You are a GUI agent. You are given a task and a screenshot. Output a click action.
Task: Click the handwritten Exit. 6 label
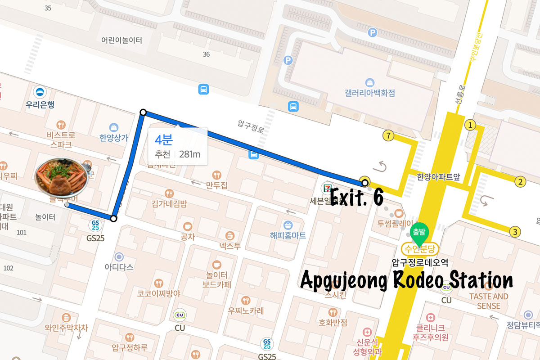[x=357, y=197]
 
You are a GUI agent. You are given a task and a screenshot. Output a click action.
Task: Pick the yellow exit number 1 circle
[x=470, y=125]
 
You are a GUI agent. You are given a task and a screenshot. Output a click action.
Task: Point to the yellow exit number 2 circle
[x=520, y=182]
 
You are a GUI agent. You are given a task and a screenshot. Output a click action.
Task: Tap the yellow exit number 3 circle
[x=515, y=232]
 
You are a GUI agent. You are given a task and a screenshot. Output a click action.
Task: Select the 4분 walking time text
[x=164, y=139]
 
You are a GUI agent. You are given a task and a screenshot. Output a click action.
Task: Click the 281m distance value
[x=189, y=154]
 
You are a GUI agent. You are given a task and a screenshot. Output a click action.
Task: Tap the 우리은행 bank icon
[x=41, y=92]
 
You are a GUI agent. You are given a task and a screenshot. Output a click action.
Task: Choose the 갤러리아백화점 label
[x=369, y=93]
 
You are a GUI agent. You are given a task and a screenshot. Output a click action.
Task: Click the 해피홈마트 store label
[x=288, y=235]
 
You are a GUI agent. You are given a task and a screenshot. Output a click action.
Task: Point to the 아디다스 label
[x=119, y=267]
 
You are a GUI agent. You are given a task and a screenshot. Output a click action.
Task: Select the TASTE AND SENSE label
[x=488, y=301]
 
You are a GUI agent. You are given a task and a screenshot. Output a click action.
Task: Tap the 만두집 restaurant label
[x=216, y=185]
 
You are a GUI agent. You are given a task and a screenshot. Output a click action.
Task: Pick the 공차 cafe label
[x=187, y=237]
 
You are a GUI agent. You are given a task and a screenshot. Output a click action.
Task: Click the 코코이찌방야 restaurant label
[x=158, y=293]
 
